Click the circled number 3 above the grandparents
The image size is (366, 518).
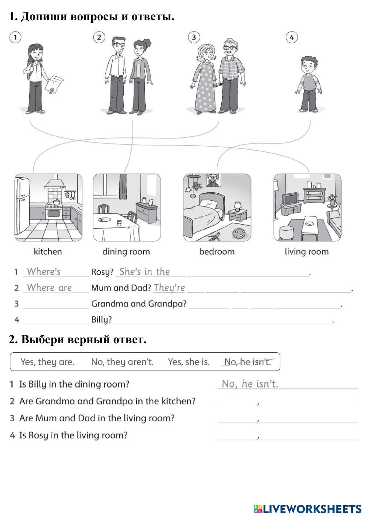(194, 37)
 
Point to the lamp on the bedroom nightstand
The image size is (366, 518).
(237, 206)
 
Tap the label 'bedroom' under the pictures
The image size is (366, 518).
(217, 252)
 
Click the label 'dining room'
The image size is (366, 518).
(126, 252)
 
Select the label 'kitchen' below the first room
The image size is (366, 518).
(48, 252)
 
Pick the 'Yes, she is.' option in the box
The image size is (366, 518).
(188, 362)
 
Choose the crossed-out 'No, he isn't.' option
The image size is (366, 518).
(247, 362)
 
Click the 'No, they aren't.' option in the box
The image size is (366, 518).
(122, 362)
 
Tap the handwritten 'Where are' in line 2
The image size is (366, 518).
(49, 288)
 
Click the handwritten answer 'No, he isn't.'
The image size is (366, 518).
(250, 384)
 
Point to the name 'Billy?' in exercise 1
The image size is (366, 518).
(101, 319)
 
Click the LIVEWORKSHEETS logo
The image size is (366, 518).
(307, 509)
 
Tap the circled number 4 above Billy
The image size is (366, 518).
(291, 37)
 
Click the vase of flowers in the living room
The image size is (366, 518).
(332, 199)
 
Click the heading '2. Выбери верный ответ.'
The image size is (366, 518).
(78, 339)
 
